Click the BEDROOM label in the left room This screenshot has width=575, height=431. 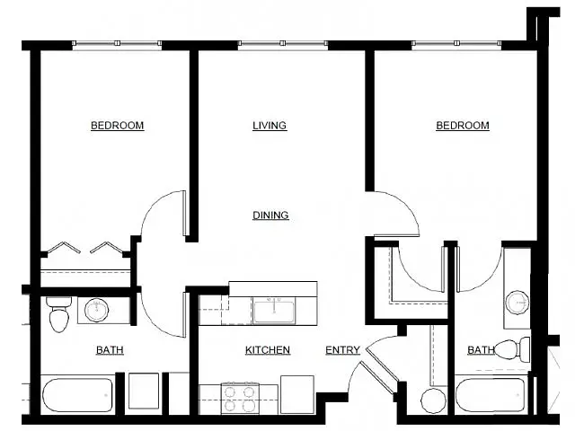click(x=117, y=126)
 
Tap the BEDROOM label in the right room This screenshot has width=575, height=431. click(x=463, y=126)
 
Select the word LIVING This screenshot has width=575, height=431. click(x=270, y=126)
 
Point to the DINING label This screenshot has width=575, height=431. click(x=270, y=215)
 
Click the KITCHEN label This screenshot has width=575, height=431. click(x=268, y=349)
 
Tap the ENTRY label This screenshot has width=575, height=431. click(x=342, y=349)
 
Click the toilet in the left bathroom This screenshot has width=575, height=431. click(x=59, y=315)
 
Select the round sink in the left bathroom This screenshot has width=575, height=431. click(x=96, y=311)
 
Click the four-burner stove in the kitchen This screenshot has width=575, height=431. click(x=240, y=397)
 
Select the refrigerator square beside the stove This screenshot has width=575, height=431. click(x=296, y=394)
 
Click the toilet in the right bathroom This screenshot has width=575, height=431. click(x=509, y=349)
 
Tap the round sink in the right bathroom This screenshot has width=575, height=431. click(x=516, y=300)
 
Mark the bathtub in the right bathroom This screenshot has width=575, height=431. click(x=491, y=395)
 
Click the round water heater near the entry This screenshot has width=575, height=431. click(x=433, y=400)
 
